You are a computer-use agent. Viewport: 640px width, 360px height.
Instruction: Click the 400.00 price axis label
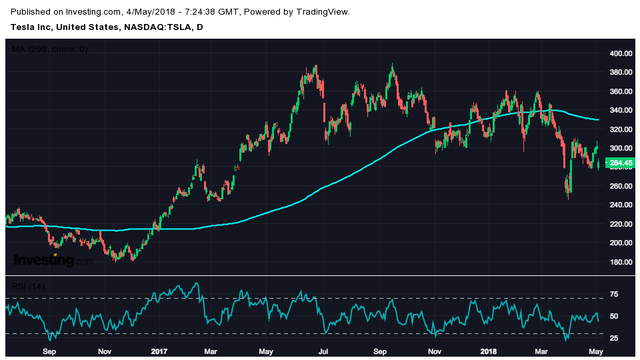[622, 53]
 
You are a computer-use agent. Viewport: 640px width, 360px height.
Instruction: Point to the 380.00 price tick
[622, 72]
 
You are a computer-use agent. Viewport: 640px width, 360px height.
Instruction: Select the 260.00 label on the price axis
[622, 186]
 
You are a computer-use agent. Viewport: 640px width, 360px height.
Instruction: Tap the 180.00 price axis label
[622, 262]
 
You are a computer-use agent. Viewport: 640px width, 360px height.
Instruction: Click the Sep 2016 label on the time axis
[49, 350]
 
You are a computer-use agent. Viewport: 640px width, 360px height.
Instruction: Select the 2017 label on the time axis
[158, 350]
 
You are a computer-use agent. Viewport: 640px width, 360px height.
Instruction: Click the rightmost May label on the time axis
[596, 350]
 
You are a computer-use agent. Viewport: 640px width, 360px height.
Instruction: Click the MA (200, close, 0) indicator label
[50, 49]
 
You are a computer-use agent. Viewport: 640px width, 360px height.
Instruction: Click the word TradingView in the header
[323, 12]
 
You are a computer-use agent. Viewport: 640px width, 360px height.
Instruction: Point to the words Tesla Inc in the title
[30, 27]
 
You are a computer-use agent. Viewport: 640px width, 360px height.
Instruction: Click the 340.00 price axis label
[622, 110]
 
